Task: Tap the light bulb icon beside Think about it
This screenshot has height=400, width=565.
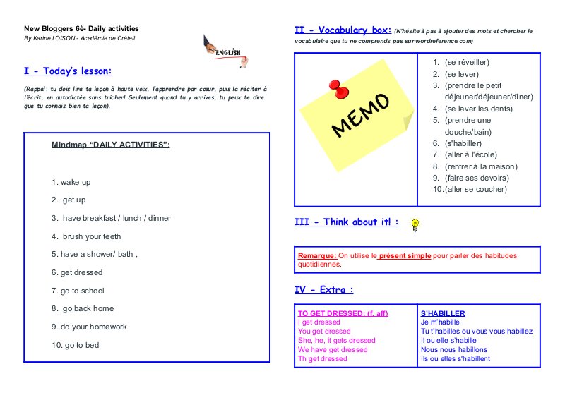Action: click(x=416, y=224)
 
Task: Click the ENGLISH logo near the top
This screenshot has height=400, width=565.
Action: click(x=225, y=50)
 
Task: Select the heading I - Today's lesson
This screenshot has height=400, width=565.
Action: click(x=68, y=71)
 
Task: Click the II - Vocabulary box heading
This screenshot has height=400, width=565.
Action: click(x=342, y=30)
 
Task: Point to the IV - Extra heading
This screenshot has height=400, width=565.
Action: click(x=324, y=290)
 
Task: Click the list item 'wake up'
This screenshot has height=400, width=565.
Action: click(x=71, y=182)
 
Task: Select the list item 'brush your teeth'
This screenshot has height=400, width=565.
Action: click(x=86, y=236)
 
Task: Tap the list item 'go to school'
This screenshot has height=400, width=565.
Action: click(x=78, y=291)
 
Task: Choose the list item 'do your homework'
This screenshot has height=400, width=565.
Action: click(x=89, y=327)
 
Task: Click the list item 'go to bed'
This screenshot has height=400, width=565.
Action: click(x=75, y=345)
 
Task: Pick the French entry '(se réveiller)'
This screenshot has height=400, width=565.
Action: click(x=467, y=63)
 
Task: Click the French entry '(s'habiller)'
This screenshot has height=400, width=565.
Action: click(x=463, y=143)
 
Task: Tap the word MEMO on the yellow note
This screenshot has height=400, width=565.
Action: click(x=359, y=115)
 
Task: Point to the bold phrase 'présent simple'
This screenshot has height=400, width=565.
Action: click(x=405, y=255)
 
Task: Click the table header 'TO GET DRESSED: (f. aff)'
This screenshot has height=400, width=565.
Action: click(x=343, y=313)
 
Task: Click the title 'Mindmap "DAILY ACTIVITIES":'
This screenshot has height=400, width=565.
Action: click(x=111, y=145)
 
